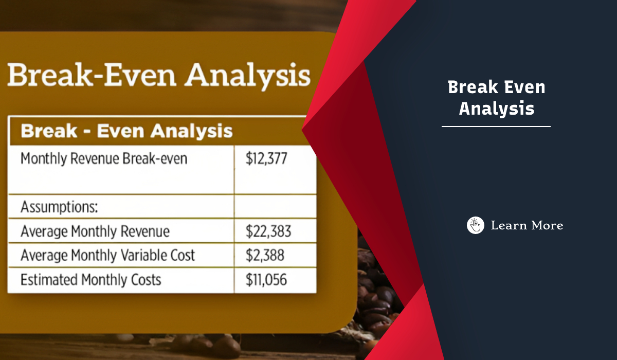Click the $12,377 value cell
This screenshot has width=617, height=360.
(266, 158)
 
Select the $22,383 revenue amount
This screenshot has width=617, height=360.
(268, 232)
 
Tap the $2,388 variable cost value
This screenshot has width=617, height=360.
(265, 256)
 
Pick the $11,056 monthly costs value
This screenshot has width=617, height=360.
(266, 280)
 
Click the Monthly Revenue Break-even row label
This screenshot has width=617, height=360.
(104, 158)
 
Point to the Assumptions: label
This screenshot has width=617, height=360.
(59, 208)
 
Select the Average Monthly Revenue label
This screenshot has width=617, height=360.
(95, 232)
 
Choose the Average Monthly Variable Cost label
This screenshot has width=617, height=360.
(107, 256)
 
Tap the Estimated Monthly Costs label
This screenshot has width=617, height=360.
(90, 280)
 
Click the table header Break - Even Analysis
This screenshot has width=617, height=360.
(126, 131)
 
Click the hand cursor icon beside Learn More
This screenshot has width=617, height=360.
(476, 225)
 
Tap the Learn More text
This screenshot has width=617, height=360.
(527, 225)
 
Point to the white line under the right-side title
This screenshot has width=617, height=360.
(496, 126)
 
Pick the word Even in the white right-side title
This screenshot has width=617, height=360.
(522, 87)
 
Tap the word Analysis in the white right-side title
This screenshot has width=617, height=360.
(496, 109)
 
